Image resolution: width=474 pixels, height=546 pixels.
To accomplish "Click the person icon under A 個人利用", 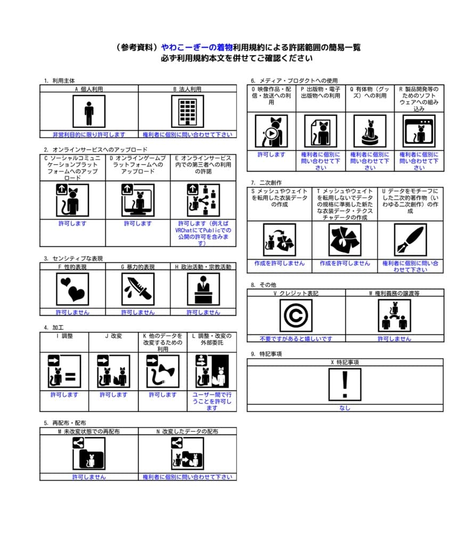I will [89, 111].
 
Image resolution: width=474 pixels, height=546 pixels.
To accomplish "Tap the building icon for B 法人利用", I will [187, 111].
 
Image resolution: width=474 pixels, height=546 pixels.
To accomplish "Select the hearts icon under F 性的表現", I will [72, 289].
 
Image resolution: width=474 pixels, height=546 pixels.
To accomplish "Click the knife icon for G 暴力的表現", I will [138, 289].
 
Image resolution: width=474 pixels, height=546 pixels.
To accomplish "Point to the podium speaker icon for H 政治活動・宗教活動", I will [203, 289].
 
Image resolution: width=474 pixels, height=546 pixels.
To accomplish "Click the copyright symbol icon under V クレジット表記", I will [296, 315].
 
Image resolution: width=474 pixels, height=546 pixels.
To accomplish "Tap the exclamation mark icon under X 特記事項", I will [345, 385].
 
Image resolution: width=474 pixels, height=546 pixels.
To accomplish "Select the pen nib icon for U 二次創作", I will [410, 240].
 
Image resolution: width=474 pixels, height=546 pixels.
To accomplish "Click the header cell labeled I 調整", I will [64, 336].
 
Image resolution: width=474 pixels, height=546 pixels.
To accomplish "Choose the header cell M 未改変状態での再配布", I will [89, 431].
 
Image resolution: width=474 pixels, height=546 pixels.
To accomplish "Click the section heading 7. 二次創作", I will [264, 182].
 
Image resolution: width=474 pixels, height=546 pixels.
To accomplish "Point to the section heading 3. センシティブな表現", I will [73, 259].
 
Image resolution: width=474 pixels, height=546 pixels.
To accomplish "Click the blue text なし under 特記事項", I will [345, 408].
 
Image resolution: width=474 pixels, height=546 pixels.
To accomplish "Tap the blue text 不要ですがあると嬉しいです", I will [296, 339].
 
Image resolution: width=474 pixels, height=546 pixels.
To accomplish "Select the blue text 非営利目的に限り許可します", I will [89, 134].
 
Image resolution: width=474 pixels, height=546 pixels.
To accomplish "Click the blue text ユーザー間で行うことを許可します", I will [211, 401].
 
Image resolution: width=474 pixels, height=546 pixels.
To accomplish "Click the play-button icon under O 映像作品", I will [271, 131].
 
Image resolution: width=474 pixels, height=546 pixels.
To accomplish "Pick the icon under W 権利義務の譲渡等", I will [394, 315].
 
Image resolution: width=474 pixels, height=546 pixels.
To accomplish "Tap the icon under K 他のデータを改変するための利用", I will [162, 371].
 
